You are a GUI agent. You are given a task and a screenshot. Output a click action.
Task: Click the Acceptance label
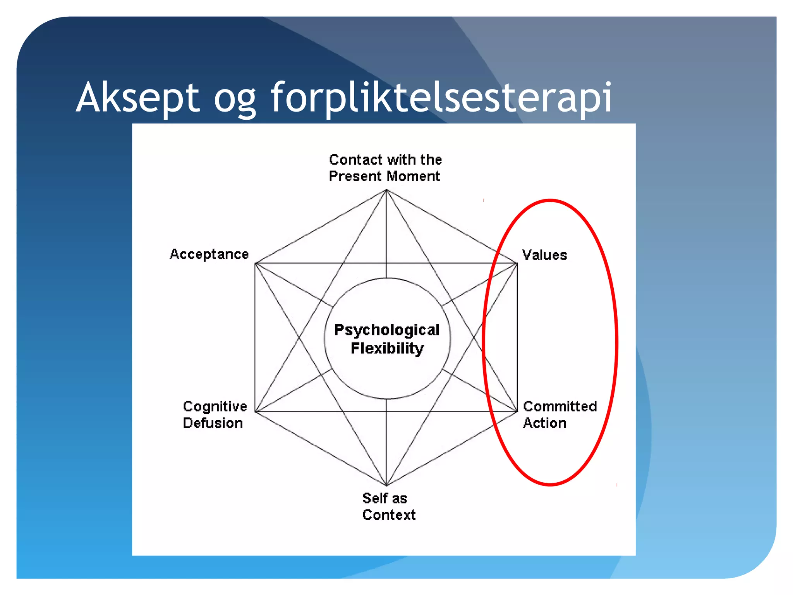pos(209,254)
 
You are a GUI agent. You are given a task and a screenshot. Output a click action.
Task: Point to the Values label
pos(544,255)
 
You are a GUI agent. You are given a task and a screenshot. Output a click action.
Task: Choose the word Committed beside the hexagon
pos(560,406)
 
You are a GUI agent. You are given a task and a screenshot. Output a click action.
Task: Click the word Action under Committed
pos(544,423)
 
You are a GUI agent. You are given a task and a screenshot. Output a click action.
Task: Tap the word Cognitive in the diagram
pos(215,406)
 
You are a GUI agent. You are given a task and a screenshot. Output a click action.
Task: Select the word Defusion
pos(213,423)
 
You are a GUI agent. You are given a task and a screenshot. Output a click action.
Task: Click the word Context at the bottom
pos(389,515)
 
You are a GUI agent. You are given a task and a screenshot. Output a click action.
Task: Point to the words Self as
pos(384,498)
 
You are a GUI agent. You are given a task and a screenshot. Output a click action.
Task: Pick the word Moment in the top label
pos(414,176)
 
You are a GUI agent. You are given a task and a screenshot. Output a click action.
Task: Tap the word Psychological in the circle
pos(387,330)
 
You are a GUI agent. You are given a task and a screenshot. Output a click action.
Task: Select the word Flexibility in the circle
pos(387,348)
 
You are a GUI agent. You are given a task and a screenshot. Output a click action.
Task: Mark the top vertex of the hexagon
pos(386,190)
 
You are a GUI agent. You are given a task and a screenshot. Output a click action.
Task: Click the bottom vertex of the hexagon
pos(386,485)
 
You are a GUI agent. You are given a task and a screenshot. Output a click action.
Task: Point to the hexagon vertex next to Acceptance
pos(255,263)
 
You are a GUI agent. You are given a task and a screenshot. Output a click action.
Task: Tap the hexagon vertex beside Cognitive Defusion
pos(255,412)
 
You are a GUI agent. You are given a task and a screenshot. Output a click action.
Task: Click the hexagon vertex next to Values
pos(517,263)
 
